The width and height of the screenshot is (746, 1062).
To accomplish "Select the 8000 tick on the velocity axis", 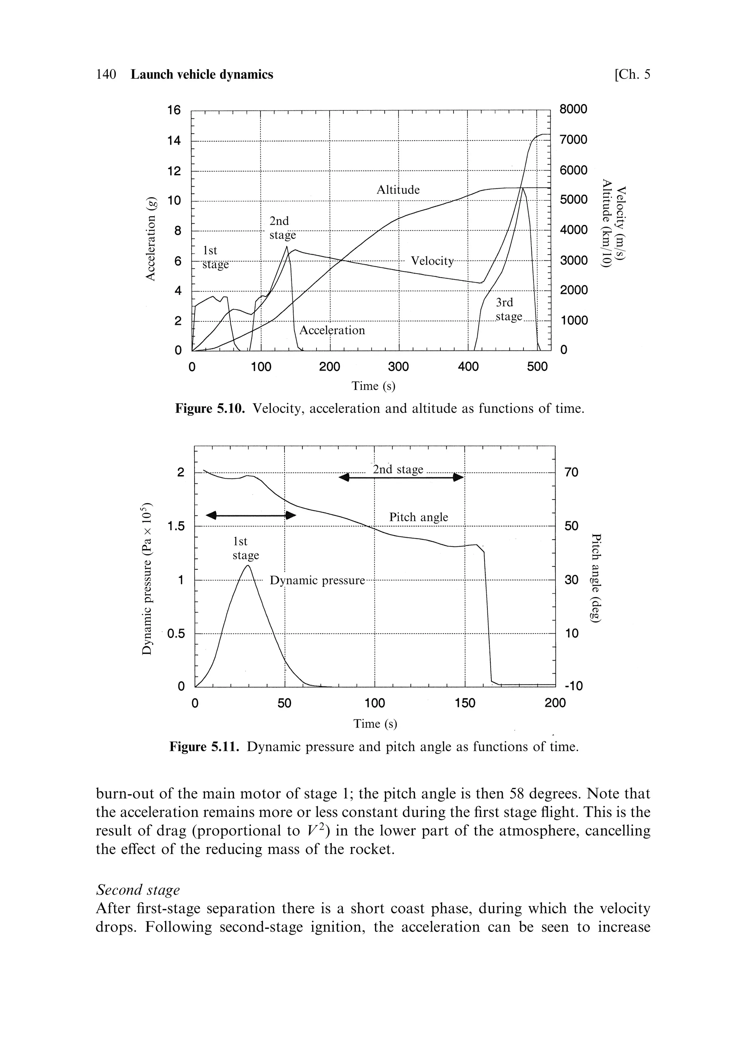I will pos(573,109).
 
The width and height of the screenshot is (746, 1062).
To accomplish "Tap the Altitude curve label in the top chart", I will pos(398,190).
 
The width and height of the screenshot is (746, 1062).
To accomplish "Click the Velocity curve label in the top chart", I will pos(432,261).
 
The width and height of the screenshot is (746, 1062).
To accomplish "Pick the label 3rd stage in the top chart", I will pos(508,309).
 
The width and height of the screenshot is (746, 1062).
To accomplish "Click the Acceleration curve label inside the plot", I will pos(332,330).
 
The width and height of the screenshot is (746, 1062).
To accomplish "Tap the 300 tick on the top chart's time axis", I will pos(398,367).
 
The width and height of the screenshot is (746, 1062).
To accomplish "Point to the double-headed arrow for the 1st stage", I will pos(251,515).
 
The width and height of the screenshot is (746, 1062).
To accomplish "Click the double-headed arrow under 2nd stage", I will pos(401,477).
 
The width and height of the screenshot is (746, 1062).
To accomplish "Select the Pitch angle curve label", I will pos(418,517).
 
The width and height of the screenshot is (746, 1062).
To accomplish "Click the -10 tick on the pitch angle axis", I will pos(573,686).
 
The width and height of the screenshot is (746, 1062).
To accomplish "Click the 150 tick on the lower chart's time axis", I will pos(464,704).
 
